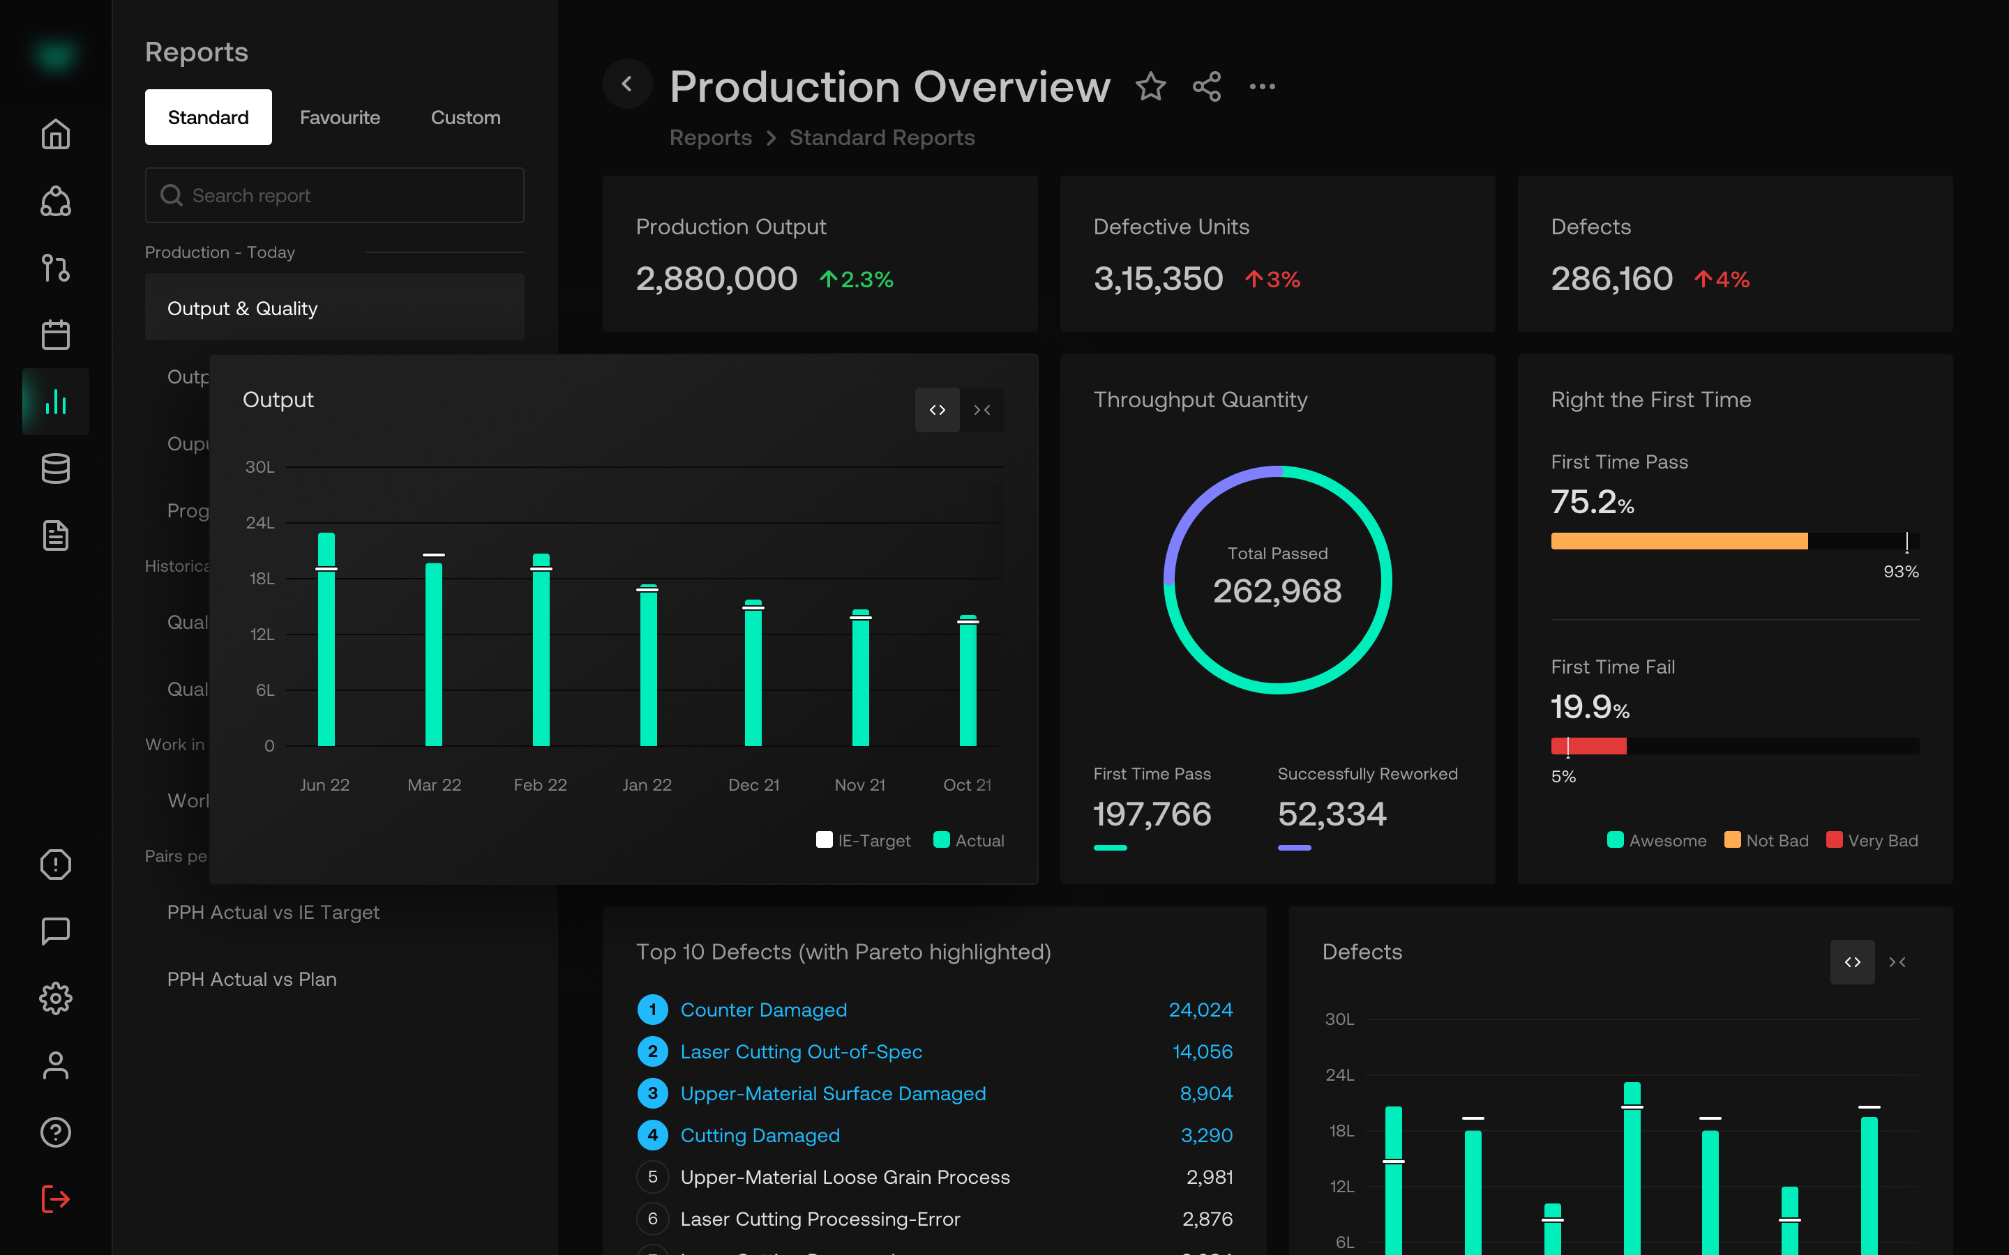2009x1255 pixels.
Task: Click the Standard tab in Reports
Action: tap(208, 117)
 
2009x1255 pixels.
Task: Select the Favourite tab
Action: tap(340, 118)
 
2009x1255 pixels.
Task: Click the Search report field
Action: tap(335, 195)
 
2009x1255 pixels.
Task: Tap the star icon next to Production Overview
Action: tap(1150, 86)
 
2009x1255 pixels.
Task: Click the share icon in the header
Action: tap(1206, 86)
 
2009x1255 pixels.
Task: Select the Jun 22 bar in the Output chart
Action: tap(326, 639)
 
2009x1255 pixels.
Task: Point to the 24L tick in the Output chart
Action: tap(259, 523)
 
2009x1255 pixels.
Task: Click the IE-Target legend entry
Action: tap(864, 840)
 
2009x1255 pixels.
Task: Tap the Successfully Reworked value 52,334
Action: tap(1332, 814)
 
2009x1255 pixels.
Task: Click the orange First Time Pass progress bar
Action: tap(1678, 541)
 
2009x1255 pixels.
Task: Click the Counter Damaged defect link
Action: tap(763, 1010)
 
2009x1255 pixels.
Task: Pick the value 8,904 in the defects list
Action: tap(1205, 1093)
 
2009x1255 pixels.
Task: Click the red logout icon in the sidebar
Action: tap(56, 1199)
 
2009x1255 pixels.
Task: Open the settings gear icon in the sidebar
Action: tap(56, 998)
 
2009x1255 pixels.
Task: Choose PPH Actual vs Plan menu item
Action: tap(252, 980)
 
